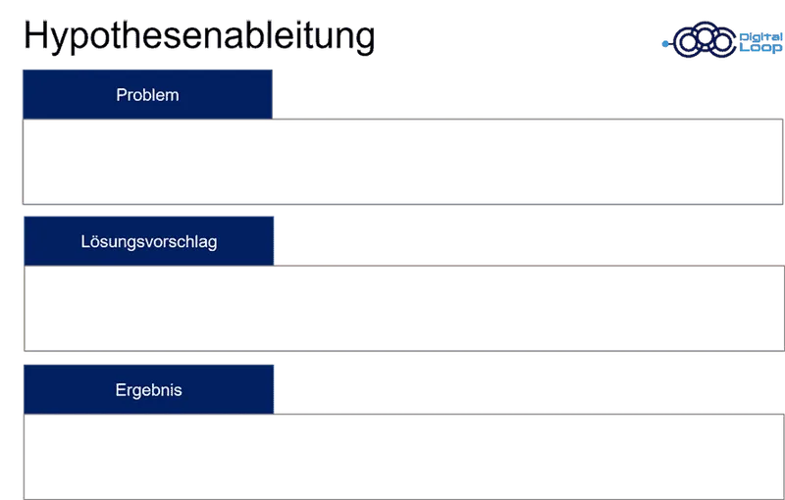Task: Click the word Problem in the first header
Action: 147,95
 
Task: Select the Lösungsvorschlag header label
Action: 148,242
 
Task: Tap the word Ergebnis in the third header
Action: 148,390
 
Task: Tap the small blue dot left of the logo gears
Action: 664,43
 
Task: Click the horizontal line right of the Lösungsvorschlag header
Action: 530,263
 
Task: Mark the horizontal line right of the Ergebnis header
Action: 530,410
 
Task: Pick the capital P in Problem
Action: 121,95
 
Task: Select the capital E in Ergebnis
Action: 120,390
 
